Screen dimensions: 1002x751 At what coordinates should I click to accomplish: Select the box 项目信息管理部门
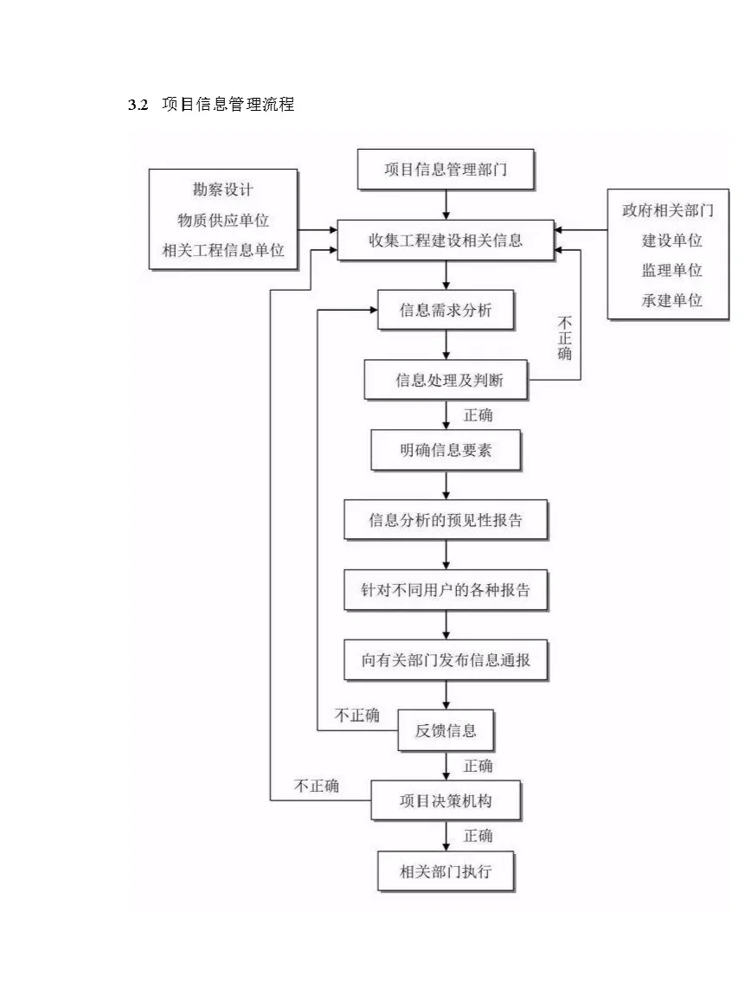point(446,170)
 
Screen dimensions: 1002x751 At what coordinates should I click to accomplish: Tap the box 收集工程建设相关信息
point(446,240)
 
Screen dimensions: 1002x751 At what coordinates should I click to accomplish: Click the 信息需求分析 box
point(446,310)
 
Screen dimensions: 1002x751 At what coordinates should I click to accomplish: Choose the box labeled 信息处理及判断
point(446,380)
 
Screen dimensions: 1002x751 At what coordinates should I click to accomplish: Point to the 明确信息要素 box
point(446,451)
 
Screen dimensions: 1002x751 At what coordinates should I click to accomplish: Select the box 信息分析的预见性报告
point(446,520)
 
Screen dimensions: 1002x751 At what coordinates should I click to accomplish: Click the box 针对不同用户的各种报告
point(446,591)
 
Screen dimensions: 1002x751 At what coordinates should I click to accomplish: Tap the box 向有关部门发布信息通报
point(446,661)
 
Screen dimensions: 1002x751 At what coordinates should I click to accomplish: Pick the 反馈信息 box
point(446,730)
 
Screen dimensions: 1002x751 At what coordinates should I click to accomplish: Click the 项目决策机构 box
point(446,800)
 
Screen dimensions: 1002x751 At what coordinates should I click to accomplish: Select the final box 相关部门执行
point(446,870)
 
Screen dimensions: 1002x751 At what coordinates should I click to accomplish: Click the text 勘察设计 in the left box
point(223,189)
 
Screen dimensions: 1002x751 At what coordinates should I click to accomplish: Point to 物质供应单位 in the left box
point(223,220)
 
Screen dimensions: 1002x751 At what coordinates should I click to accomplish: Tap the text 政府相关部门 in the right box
point(668,210)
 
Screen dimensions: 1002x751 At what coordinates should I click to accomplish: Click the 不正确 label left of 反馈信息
point(356,716)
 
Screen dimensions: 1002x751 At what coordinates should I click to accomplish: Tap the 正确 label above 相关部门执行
point(478,836)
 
